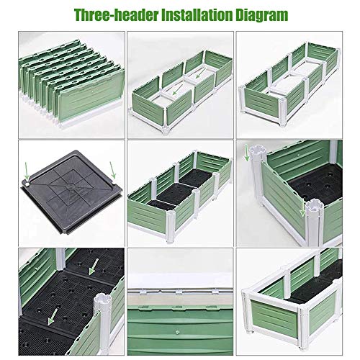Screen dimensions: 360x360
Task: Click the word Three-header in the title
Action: coord(116,15)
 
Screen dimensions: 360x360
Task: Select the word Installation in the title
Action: coord(197,15)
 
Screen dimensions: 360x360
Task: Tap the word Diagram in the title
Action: coord(261,16)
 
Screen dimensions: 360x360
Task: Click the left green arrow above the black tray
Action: coord(27,171)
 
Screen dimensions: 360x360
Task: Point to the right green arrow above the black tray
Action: coord(112,170)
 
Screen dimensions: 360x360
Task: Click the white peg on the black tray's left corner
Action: coord(27,184)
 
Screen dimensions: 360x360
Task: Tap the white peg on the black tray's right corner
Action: coord(114,183)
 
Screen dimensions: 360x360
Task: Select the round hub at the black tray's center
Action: coord(71,186)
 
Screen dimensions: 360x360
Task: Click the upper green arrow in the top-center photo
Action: coord(200,73)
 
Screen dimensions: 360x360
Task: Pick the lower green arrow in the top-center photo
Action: coord(177,89)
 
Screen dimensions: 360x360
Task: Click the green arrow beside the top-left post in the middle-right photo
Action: coord(246,153)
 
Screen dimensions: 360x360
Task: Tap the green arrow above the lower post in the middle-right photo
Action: coord(302,208)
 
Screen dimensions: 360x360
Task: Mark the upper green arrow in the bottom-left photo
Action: coord(94,266)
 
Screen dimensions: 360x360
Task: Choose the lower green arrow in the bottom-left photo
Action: coord(53,317)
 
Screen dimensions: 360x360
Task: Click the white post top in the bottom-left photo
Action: coord(102,301)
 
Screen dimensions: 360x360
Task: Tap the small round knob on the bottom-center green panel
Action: coord(177,333)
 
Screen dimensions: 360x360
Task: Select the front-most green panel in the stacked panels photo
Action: coord(91,95)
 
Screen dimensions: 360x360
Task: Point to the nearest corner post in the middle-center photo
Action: coord(171,227)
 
